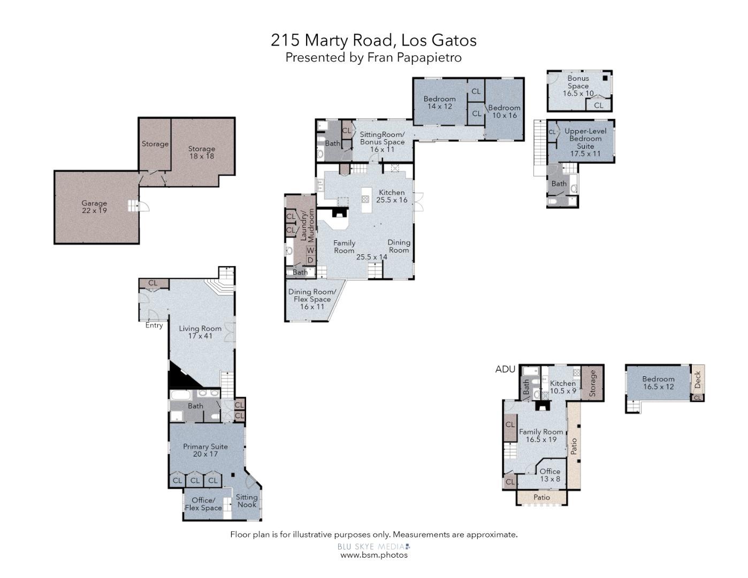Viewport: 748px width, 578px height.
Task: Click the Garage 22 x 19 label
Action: pyautogui.click(x=94, y=207)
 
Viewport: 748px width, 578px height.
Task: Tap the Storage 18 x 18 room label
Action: pyautogui.click(x=201, y=153)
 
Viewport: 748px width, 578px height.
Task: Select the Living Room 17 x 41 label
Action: pyautogui.click(x=200, y=332)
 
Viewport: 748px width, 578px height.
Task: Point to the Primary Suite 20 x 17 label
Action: pyautogui.click(x=205, y=450)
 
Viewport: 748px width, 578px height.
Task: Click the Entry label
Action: pyautogui.click(x=154, y=325)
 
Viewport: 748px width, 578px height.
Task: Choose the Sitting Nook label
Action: pyautogui.click(x=247, y=501)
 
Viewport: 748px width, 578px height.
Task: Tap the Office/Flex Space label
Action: pyautogui.click(x=203, y=504)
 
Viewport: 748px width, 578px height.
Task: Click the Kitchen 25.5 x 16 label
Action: pyautogui.click(x=392, y=196)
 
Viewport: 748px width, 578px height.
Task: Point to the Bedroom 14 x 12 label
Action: pyautogui.click(x=439, y=102)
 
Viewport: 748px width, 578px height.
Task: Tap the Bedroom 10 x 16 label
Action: pyautogui.click(x=504, y=111)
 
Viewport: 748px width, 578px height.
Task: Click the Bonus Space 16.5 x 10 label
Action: pyautogui.click(x=578, y=86)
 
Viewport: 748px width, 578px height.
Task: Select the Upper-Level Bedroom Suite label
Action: pyautogui.click(x=585, y=142)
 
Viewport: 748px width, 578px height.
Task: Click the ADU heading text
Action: pyautogui.click(x=505, y=369)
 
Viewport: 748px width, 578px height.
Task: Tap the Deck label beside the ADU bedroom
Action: pyautogui.click(x=697, y=379)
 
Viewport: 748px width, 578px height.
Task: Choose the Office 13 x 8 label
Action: pyautogui.click(x=550, y=475)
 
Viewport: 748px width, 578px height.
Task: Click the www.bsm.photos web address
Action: pyautogui.click(x=374, y=555)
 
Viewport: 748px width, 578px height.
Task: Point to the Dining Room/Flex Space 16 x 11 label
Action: pyautogui.click(x=312, y=299)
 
